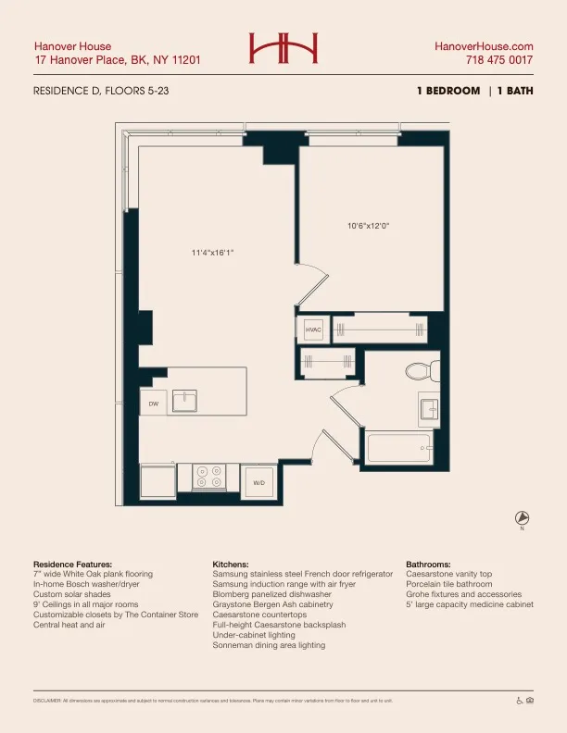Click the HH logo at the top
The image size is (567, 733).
point(283,47)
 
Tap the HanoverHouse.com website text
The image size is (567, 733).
point(484,45)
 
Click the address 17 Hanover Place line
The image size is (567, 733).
point(117,60)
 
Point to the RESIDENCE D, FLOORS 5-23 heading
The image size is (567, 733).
point(100,91)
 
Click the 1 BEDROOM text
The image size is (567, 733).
point(448,91)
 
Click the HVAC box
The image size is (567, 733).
point(313,329)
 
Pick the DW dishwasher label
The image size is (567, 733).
point(154,404)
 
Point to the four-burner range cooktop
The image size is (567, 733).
point(208,477)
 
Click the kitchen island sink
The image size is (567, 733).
point(185,400)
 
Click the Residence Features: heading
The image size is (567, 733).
point(72,564)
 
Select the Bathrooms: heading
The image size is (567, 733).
point(428,564)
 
